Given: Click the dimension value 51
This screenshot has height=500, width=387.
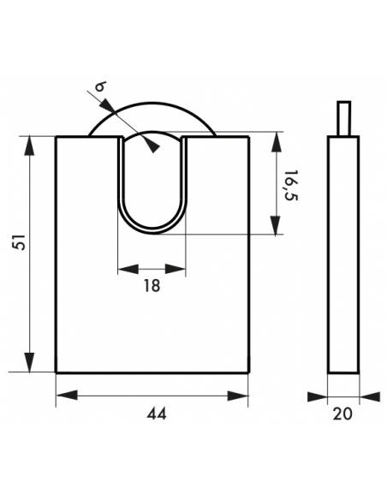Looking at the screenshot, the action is click(21, 242).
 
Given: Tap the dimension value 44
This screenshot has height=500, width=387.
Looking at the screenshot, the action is click(157, 414).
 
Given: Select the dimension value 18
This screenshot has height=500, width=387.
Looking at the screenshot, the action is click(152, 285).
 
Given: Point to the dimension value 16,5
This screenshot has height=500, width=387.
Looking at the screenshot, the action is click(291, 185).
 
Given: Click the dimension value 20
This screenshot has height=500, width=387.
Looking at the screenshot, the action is click(342, 414).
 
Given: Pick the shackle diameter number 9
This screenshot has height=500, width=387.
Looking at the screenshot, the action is click(101, 86).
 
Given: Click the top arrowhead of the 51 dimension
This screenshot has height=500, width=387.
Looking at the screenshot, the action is click(29, 146).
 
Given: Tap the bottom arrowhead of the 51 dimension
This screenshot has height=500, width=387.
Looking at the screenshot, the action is click(29, 362).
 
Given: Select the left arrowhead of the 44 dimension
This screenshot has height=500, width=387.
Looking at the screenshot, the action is click(67, 396).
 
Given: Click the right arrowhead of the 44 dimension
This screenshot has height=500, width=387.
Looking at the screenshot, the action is click(238, 396).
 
